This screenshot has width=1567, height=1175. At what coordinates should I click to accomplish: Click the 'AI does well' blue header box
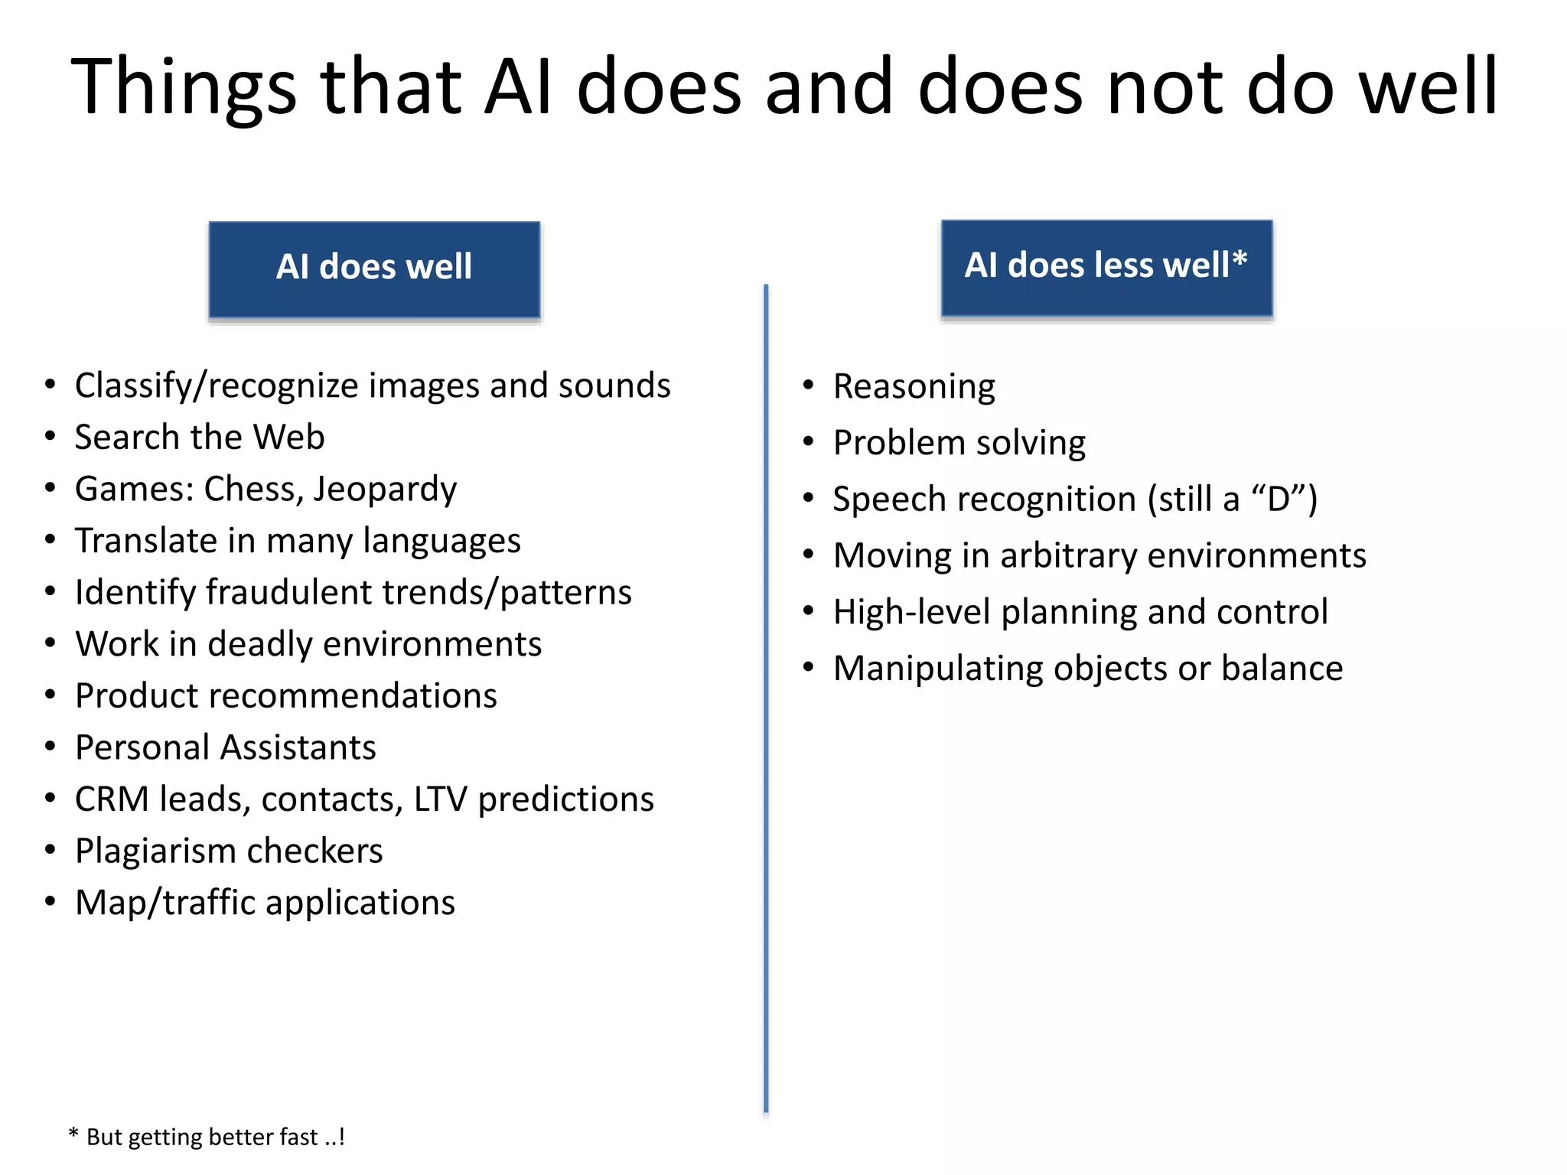tap(374, 269)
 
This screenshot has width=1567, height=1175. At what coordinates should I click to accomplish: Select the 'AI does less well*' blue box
tap(1106, 268)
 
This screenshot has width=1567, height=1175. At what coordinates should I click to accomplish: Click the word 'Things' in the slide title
tap(184, 87)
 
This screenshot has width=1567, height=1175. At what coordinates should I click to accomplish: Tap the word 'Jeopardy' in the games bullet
tap(385, 490)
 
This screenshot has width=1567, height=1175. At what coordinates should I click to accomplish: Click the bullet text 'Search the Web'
tap(200, 438)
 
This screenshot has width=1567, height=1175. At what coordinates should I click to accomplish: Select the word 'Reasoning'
tap(914, 387)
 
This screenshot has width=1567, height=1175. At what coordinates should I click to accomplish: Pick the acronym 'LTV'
tap(440, 799)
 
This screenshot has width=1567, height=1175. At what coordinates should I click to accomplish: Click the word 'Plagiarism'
tap(155, 851)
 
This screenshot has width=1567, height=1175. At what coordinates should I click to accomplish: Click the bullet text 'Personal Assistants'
tap(226, 748)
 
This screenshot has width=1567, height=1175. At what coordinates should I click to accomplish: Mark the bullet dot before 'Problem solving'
tap(809, 442)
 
